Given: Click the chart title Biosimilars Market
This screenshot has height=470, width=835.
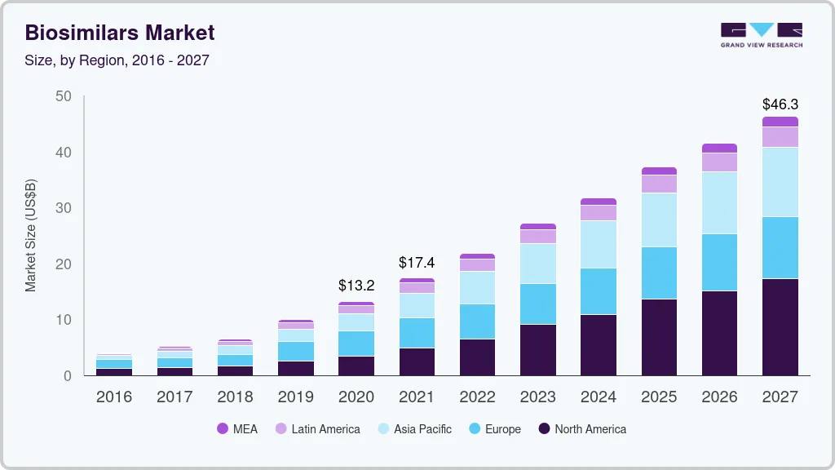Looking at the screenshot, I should pyautogui.click(x=120, y=33).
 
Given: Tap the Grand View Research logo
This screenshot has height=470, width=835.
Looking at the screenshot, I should pyautogui.click(x=762, y=34).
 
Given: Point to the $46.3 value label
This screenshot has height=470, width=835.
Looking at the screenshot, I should pyautogui.click(x=780, y=104).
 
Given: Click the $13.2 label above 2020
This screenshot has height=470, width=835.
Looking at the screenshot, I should pyautogui.click(x=356, y=286).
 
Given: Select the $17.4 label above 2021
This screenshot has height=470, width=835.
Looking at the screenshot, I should pyautogui.click(x=417, y=263).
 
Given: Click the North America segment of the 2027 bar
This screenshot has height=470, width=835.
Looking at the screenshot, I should pyautogui.click(x=780, y=326).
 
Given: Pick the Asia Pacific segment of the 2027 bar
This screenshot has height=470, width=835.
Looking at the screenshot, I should pyautogui.click(x=780, y=182).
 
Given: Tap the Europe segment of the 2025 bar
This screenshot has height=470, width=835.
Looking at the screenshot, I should pyautogui.click(x=659, y=273).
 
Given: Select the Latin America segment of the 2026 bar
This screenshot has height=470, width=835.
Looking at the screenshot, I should pyautogui.click(x=719, y=162).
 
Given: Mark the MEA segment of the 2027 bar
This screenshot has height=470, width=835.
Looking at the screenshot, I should pyautogui.click(x=780, y=122).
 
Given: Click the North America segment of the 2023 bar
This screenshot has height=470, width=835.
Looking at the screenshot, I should pyautogui.click(x=538, y=350).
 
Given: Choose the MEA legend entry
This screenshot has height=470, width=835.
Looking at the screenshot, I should pyautogui.click(x=237, y=429).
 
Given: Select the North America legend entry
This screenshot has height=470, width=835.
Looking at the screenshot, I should pyautogui.click(x=582, y=429).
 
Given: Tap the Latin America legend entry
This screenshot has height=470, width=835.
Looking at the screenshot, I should pyautogui.click(x=317, y=429).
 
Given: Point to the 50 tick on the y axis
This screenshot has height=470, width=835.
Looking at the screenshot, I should pyautogui.click(x=64, y=96).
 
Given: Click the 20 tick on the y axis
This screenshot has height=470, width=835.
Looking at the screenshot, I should pyautogui.click(x=64, y=264).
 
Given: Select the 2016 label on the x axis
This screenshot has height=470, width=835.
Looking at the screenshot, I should pyautogui.click(x=113, y=397).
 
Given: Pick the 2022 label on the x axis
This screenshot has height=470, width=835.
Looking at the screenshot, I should pyautogui.click(x=477, y=397).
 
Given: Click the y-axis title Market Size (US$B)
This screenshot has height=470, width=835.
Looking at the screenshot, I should pyautogui.click(x=31, y=235).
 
